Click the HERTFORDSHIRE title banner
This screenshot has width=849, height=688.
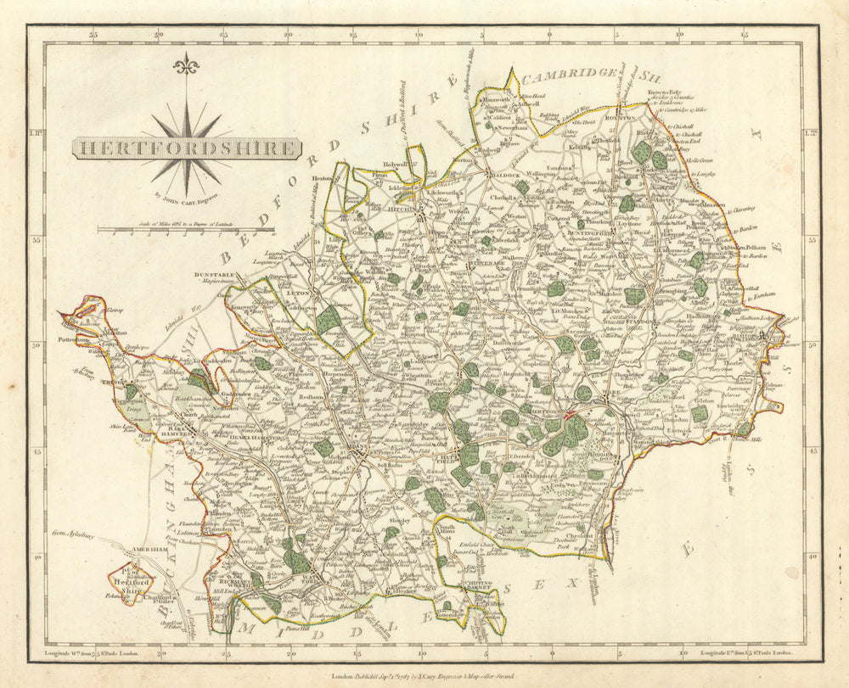coord(186,148)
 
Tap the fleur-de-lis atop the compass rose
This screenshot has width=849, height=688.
coord(185,64)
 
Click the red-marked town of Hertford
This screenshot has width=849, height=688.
coord(571,417)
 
